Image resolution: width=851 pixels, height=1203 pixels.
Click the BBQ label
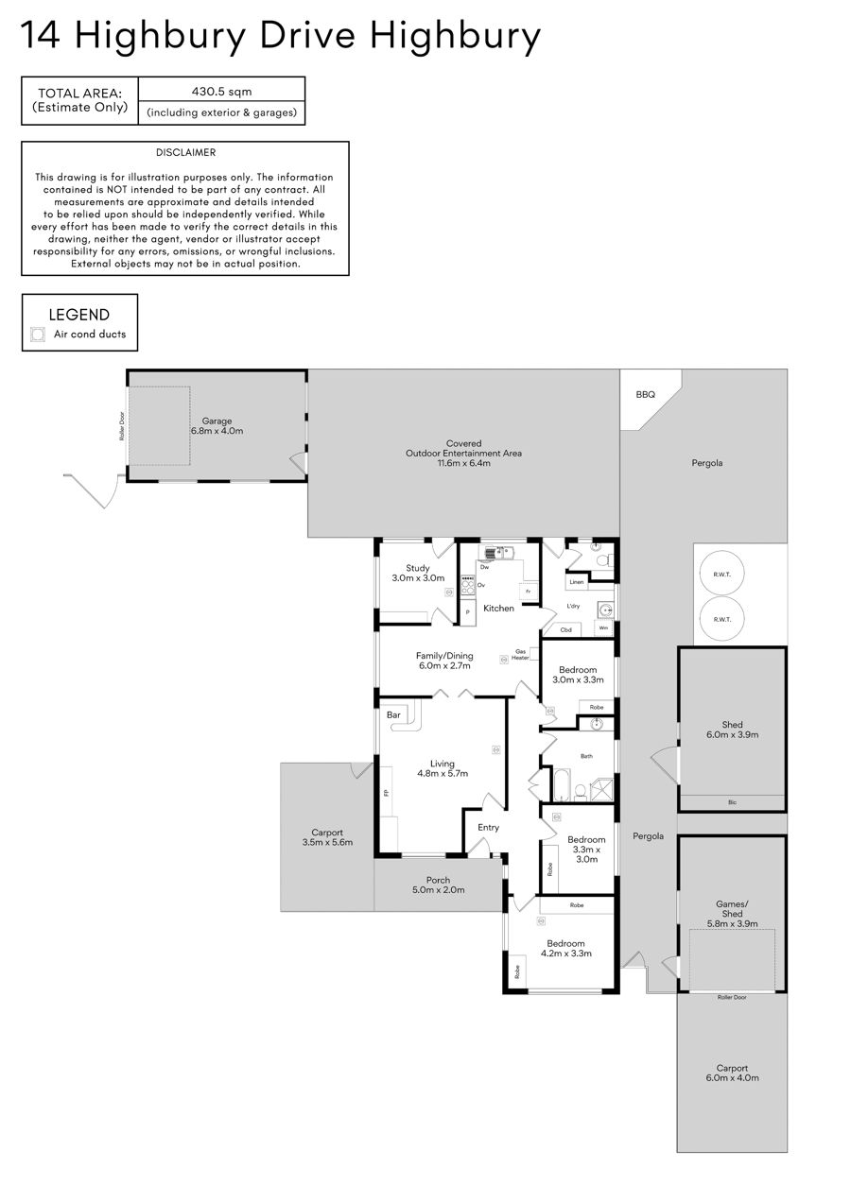(645, 395)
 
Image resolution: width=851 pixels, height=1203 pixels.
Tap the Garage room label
(217, 426)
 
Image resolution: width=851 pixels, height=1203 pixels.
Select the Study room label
(418, 573)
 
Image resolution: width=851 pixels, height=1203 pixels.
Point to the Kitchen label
(498, 608)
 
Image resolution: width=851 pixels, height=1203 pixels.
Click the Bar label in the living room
(393, 714)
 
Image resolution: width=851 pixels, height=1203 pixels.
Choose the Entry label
(488, 828)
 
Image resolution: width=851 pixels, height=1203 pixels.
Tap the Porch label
(439, 885)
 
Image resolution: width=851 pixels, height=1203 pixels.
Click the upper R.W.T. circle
(722, 575)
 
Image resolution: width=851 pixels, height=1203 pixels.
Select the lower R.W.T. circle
(722, 619)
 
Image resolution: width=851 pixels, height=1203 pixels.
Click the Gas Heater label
(520, 655)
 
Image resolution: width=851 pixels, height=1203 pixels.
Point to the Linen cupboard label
(577, 582)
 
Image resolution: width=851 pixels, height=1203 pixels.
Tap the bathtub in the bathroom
(562, 785)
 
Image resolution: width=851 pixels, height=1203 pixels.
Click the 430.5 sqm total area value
(221, 92)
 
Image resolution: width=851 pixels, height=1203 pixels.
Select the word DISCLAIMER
(186, 152)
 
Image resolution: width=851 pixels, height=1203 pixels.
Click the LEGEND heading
(79, 315)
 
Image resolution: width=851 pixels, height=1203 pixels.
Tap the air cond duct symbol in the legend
(38, 335)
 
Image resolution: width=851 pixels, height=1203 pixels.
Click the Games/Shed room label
(732, 914)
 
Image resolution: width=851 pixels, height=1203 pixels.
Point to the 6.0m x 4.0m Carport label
(732, 1073)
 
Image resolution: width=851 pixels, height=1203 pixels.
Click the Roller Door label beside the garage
(122, 426)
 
